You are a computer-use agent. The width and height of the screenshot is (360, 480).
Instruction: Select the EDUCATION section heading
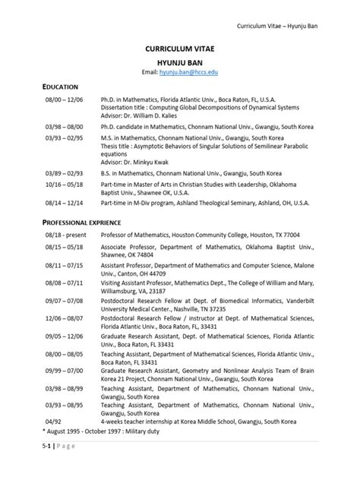click(65, 87)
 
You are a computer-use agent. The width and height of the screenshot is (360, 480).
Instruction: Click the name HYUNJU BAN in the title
click(180, 59)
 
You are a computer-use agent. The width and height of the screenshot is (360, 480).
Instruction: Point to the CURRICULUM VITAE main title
click(180, 46)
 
